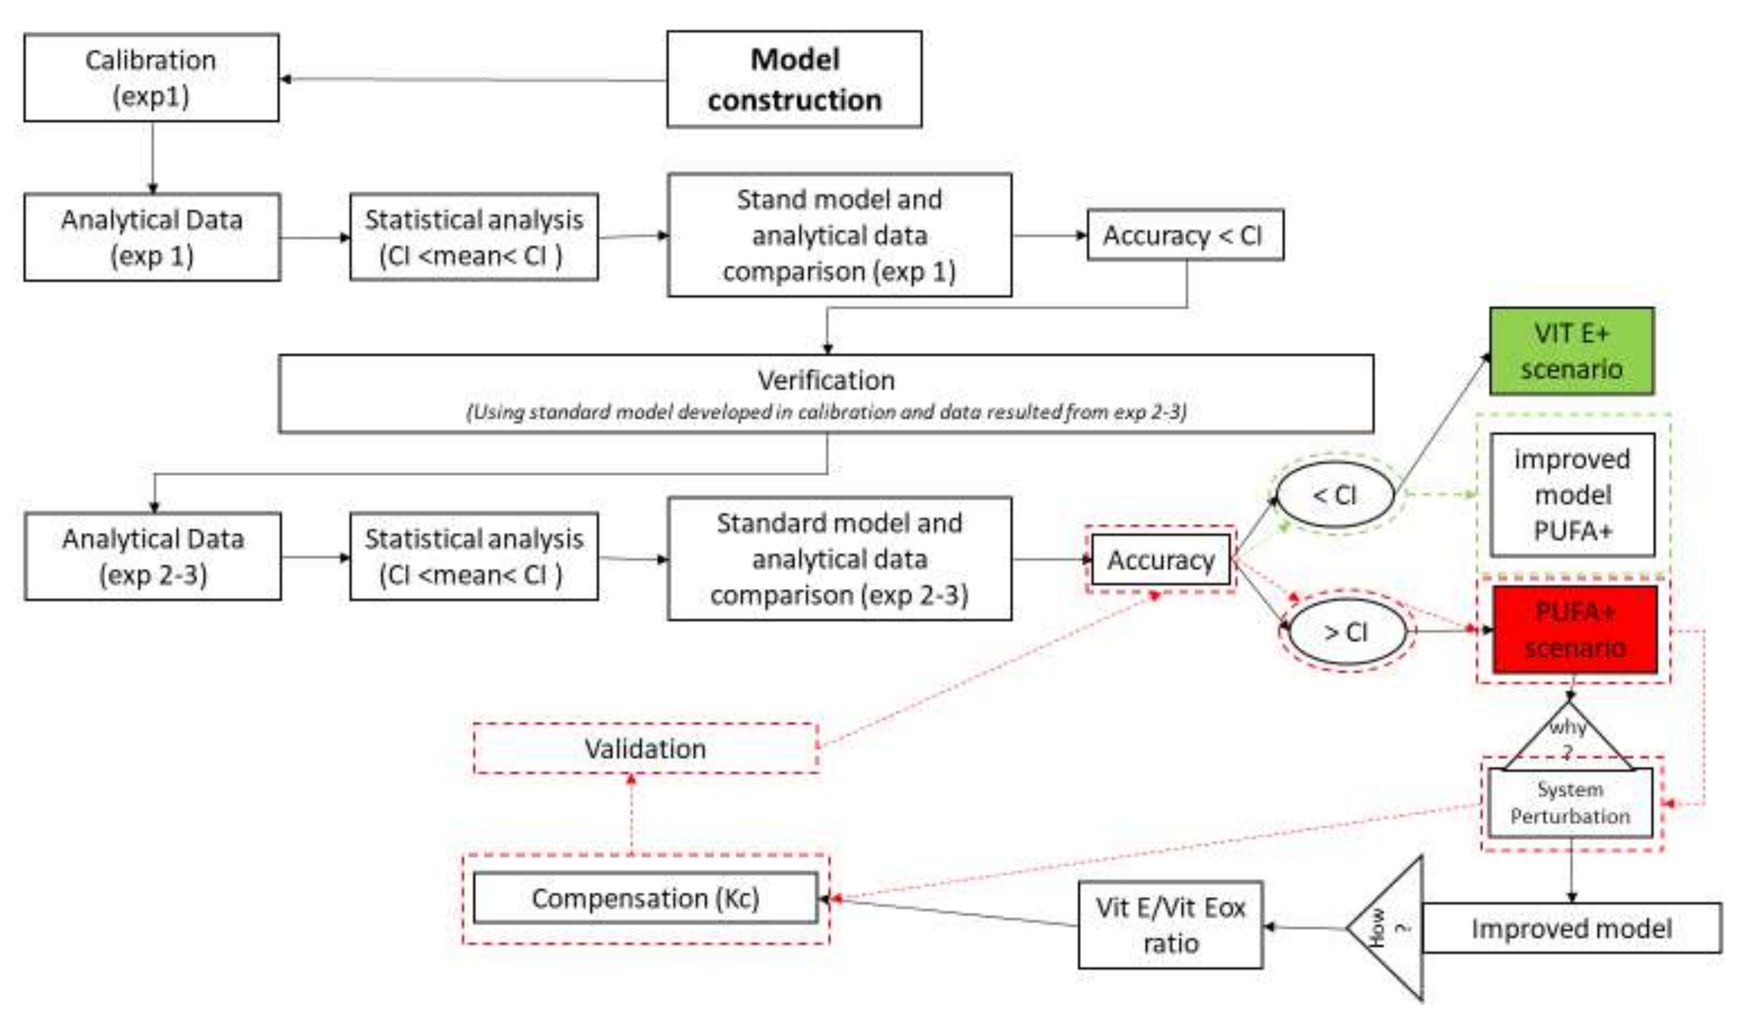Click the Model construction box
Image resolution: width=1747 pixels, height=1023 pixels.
(794, 79)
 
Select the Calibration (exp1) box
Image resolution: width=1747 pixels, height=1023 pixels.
(151, 78)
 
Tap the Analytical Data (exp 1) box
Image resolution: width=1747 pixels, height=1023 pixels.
(152, 237)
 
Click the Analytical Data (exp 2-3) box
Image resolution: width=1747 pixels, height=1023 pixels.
(152, 557)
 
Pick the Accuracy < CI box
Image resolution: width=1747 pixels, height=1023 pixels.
(1185, 235)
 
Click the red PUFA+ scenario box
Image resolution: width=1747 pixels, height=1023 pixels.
(1574, 629)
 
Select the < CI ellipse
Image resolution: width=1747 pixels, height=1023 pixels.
(1335, 495)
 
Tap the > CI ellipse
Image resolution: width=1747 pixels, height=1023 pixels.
(1346, 631)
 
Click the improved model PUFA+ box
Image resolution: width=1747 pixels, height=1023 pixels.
(1571, 495)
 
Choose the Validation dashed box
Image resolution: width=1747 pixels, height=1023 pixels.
(645, 749)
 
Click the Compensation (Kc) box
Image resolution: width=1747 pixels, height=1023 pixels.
(645, 898)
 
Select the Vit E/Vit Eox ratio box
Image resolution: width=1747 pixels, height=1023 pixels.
(1170, 925)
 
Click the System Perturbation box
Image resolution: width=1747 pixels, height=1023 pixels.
(1570, 803)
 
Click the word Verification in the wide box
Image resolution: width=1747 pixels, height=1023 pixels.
(826, 380)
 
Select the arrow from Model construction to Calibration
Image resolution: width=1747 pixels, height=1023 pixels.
(472, 80)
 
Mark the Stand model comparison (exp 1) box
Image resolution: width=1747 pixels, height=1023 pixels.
(839, 235)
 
